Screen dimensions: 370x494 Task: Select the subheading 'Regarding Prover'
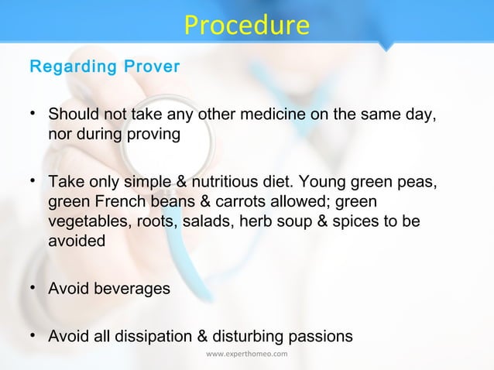[105, 67]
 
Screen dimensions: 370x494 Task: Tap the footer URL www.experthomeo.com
[246, 355]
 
